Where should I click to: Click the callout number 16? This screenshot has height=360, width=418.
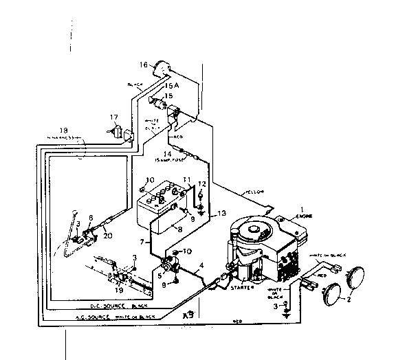[x=143, y=65]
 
